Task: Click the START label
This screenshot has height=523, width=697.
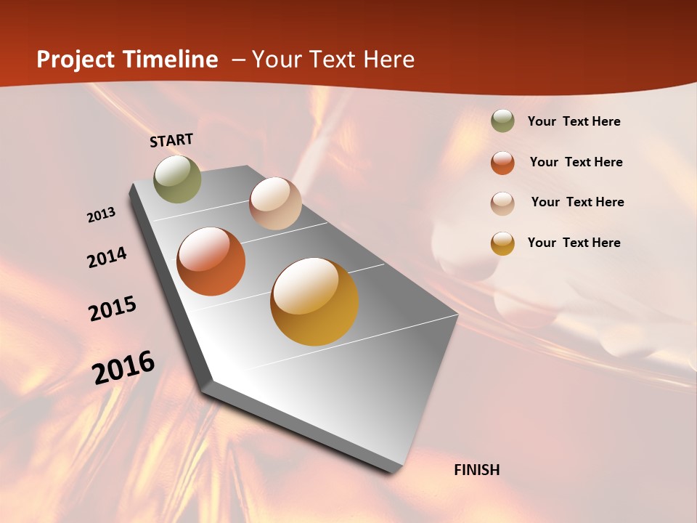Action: (x=171, y=140)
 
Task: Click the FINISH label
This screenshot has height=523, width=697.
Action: (x=476, y=470)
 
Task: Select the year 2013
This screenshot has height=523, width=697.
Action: (x=102, y=215)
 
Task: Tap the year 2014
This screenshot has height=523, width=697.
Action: (x=107, y=257)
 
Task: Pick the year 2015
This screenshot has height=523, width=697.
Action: (x=113, y=309)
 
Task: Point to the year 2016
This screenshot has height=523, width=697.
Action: (x=123, y=368)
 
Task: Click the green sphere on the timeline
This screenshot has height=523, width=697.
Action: (x=177, y=179)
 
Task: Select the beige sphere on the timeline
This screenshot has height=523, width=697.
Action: (x=275, y=203)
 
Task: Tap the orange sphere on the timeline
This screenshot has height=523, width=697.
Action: (x=211, y=261)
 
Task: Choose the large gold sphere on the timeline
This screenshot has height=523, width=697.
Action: (x=314, y=301)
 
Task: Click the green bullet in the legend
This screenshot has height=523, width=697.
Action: (x=502, y=121)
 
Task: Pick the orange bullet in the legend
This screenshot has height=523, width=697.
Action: (x=502, y=163)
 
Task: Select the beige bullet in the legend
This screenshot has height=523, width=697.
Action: (x=502, y=203)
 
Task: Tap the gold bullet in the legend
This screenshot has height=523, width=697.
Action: (x=502, y=243)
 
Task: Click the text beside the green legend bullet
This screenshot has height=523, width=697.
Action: (x=574, y=122)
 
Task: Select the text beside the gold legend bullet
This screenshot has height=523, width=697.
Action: (x=574, y=243)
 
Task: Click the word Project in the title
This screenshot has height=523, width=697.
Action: (x=76, y=60)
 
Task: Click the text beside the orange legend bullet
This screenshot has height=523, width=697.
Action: (x=576, y=162)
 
